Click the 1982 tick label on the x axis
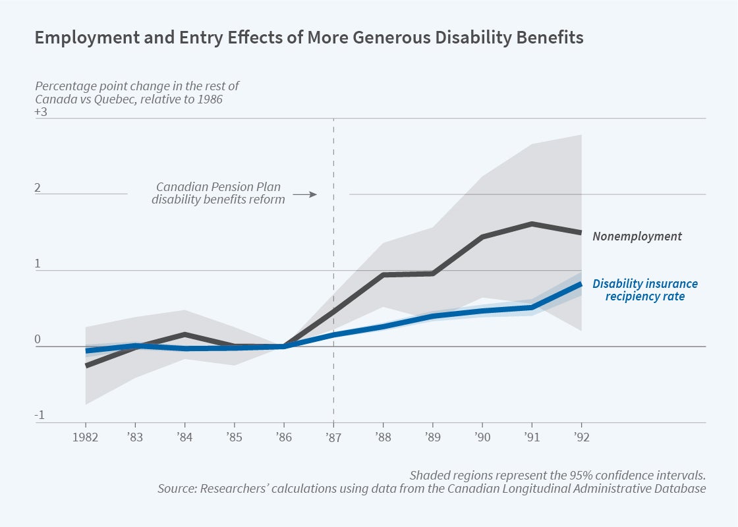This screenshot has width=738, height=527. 86,437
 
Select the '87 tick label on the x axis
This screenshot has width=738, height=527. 333,437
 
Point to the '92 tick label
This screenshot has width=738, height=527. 581,437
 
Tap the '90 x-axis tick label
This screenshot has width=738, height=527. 482,437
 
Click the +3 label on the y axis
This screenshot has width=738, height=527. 42,112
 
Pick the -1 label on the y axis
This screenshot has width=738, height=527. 39,415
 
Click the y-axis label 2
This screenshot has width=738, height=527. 38,188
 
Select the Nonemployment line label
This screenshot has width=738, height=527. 637,236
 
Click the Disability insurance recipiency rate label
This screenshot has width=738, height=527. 644,290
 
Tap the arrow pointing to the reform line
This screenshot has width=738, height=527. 304,194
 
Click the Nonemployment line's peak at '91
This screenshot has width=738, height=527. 531,224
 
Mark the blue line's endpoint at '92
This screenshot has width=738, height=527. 581,284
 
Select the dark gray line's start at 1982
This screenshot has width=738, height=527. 86,365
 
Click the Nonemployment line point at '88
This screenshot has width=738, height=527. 383,275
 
